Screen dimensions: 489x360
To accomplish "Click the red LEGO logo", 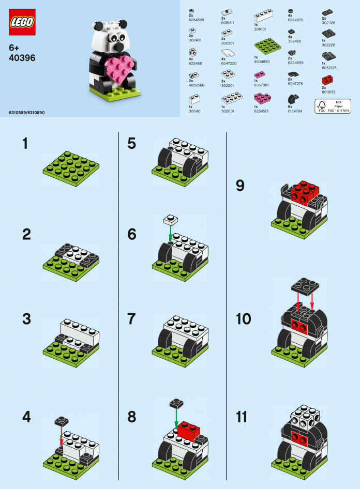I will click(22, 22).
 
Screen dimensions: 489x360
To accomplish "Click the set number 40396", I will click(22, 58).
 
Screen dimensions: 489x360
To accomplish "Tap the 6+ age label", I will click(14, 47).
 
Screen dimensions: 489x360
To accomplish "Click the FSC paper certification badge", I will click(332, 106).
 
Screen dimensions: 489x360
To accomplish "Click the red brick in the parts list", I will click(327, 80).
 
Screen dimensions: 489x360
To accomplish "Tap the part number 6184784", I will click(295, 110).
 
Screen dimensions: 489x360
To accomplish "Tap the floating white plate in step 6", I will click(170, 219).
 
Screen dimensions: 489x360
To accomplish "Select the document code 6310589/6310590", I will click(27, 112).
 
